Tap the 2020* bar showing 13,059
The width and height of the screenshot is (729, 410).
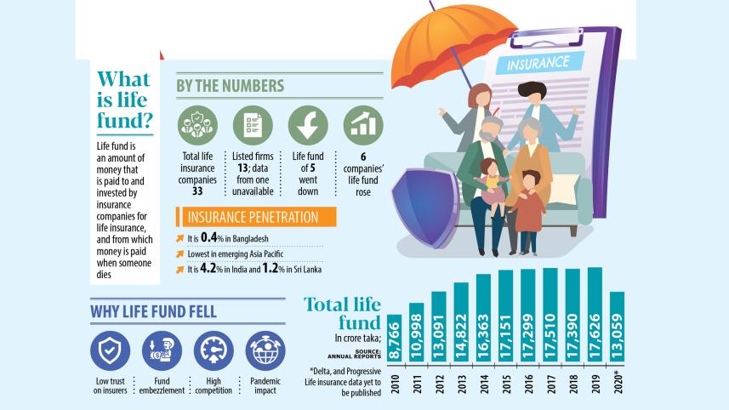(618, 328)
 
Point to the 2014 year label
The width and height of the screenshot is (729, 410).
(484, 383)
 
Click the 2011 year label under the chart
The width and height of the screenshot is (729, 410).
(417, 383)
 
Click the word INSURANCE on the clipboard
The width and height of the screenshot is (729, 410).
(538, 64)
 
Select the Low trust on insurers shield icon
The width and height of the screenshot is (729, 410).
(111, 350)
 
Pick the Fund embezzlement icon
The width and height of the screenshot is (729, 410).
(162, 350)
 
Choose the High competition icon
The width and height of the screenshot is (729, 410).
(214, 350)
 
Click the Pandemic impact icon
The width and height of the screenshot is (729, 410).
(265, 350)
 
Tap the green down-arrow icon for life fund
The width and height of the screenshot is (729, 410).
(308, 126)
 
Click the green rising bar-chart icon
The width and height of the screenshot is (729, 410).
(363, 126)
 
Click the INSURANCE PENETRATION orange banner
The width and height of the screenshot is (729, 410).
(254, 217)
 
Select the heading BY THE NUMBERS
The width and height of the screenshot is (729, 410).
(230, 87)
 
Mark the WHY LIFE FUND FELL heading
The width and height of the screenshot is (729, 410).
(153, 312)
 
